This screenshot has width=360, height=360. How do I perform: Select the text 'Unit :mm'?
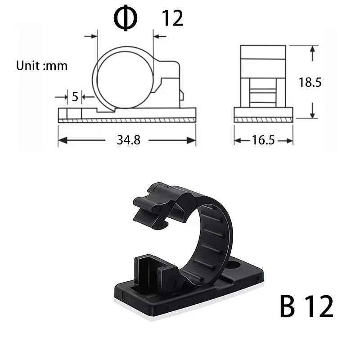coord(42,66)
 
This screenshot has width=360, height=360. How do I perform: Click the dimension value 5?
coord(75,96)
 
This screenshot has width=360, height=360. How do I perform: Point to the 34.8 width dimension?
coord(129,140)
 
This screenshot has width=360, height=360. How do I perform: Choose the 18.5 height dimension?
coord(310,82)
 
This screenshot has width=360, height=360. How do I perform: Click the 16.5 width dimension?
coord(263,140)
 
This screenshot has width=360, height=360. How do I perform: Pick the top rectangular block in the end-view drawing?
coord(263,52)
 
